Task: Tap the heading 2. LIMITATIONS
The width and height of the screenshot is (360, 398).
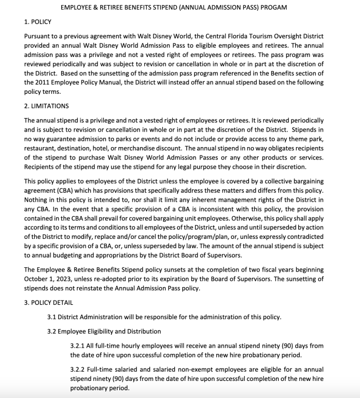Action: click(x=46, y=106)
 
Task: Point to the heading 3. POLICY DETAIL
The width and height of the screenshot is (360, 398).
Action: click(x=48, y=303)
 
